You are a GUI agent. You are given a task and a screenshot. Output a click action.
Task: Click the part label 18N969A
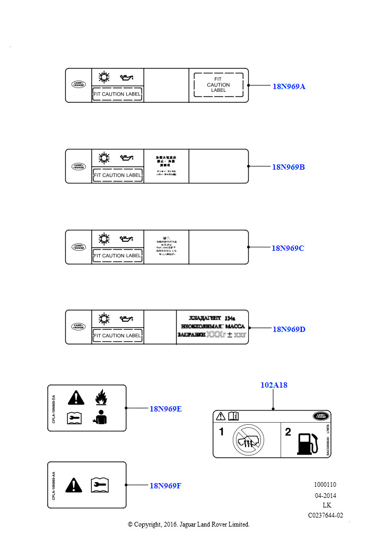tap(289, 86)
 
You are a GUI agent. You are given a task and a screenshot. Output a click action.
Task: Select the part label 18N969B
tap(289, 167)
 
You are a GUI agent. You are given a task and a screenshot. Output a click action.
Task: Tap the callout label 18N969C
tap(288, 248)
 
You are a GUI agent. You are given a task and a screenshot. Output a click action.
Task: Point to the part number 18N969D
tap(289, 329)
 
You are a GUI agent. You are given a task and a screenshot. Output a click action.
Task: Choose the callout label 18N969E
tap(165, 408)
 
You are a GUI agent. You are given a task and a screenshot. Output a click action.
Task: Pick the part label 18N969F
tap(165, 485)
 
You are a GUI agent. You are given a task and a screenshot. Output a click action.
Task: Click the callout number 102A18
tap(274, 385)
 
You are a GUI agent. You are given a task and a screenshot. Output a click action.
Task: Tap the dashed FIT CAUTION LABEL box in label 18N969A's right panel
tap(219, 85)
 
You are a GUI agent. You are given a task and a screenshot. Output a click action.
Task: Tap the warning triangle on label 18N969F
tap(73, 484)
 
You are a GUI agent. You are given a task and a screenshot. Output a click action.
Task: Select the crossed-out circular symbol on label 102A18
tap(248, 440)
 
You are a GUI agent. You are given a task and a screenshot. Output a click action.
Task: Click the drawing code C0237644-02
tap(326, 515)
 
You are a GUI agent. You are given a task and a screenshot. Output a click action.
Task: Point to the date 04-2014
tap(325, 495)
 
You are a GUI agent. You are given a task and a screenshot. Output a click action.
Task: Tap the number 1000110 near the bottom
tap(325, 485)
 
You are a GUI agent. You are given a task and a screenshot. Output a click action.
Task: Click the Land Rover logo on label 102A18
tap(320, 416)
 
